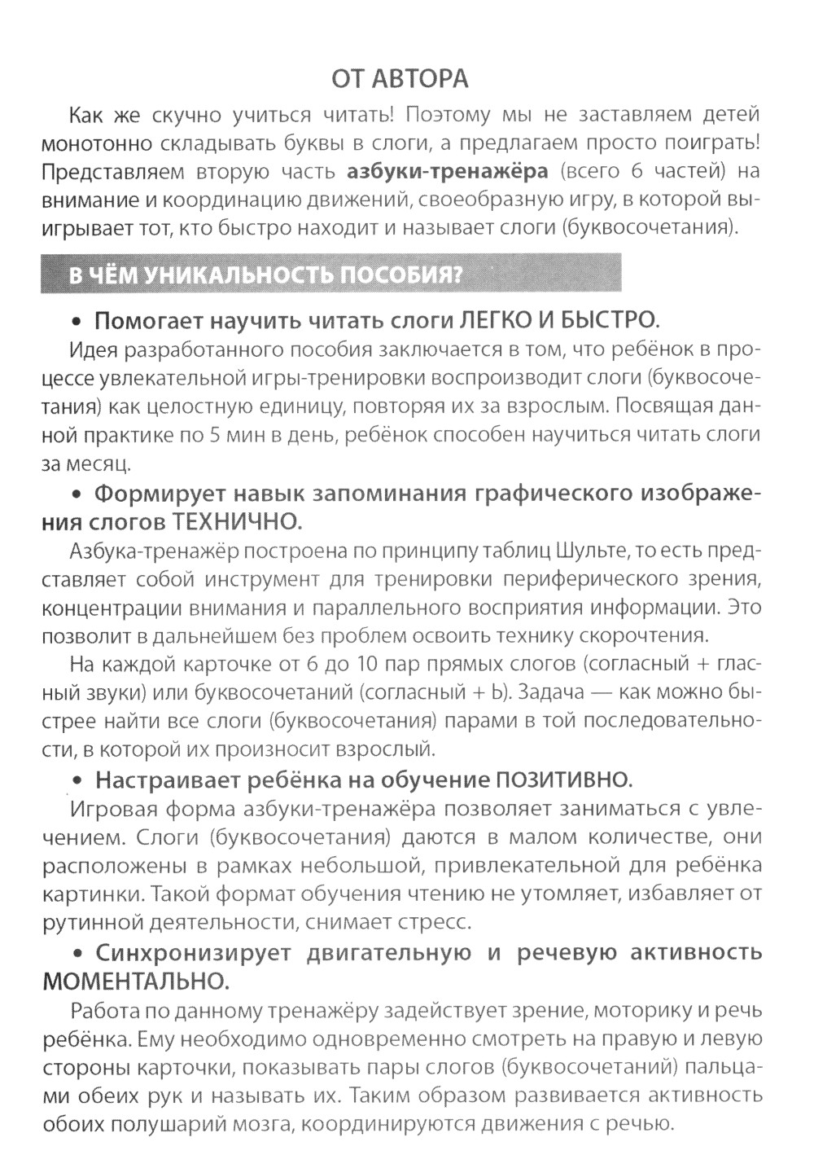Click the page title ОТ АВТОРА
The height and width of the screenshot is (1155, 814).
coord(400,79)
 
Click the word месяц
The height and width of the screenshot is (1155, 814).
coord(98,464)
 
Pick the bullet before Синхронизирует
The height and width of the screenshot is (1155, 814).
coord(79,952)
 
